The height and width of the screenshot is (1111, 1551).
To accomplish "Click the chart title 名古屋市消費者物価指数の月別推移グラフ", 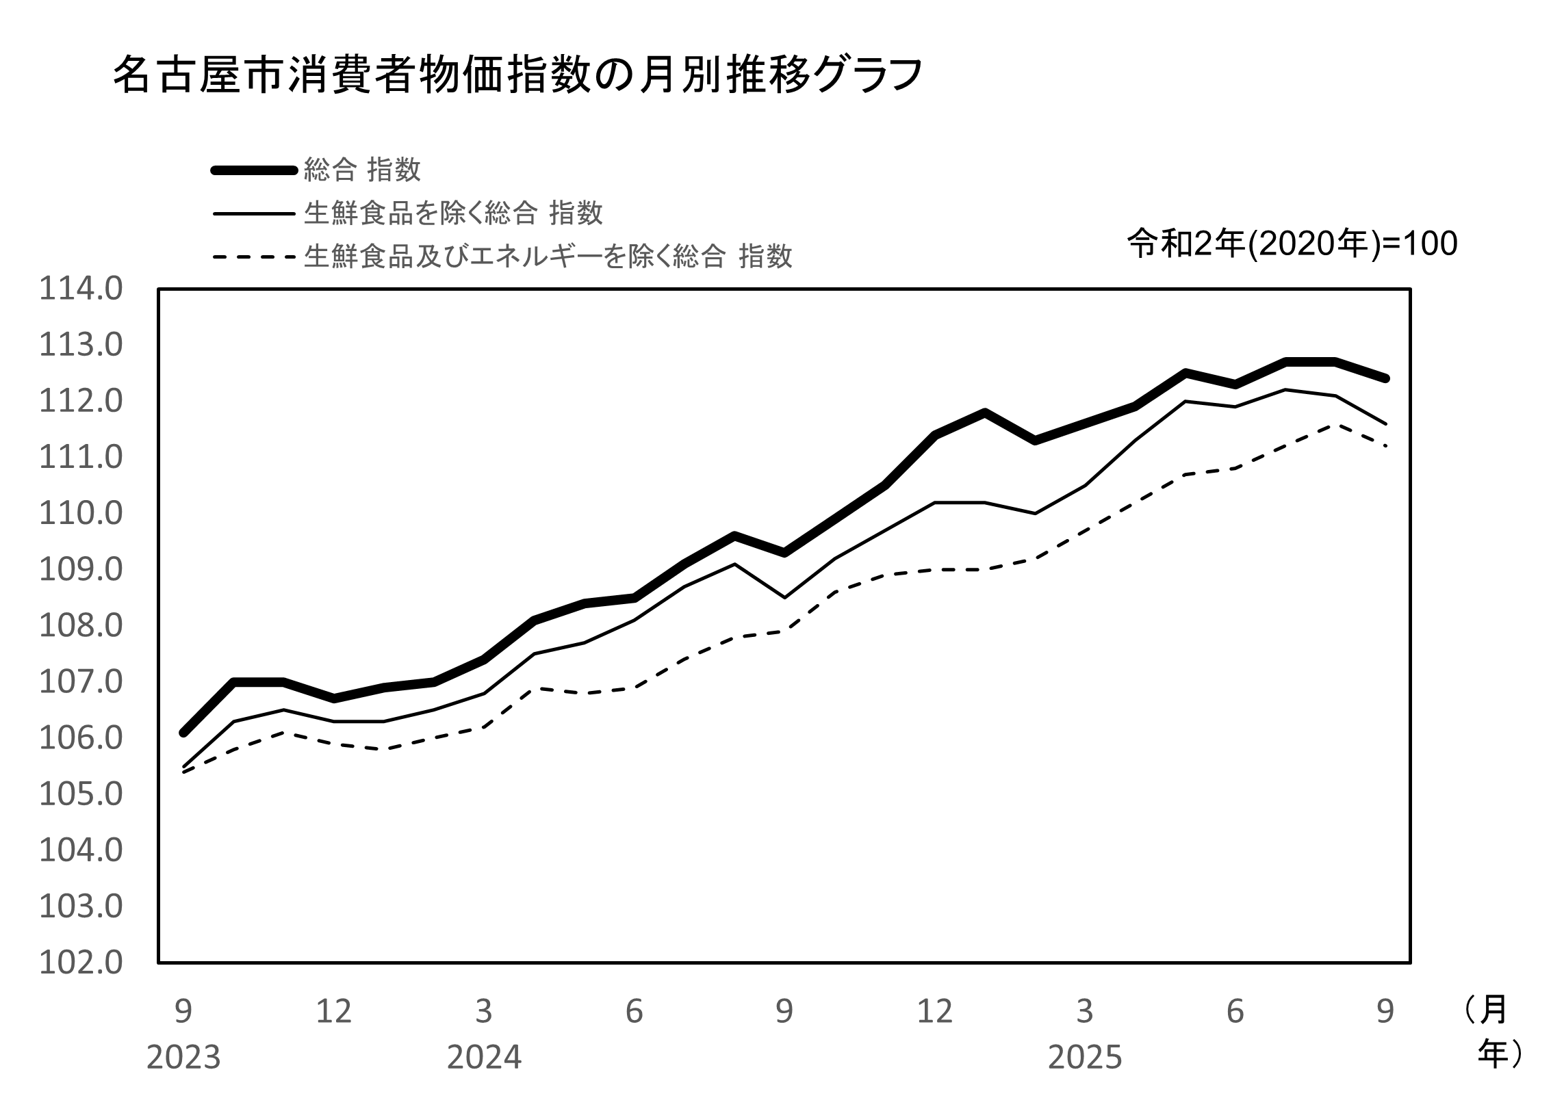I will pyautogui.click(x=517, y=75).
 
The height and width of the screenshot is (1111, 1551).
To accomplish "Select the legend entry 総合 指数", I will pyautogui.click(x=362, y=170).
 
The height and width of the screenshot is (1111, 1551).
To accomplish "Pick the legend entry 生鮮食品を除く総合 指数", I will pyautogui.click(x=453, y=213).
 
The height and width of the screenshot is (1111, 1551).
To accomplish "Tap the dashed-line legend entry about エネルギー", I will pyautogui.click(x=548, y=257).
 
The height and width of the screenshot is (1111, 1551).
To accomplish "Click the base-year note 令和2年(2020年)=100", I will pyautogui.click(x=1292, y=244).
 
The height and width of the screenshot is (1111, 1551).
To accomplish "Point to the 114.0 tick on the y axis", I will pyautogui.click(x=81, y=289).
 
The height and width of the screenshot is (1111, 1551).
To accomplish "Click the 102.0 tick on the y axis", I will pyautogui.click(x=81, y=963).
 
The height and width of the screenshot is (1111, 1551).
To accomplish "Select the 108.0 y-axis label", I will pyautogui.click(x=81, y=626).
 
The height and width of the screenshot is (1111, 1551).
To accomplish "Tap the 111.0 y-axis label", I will pyautogui.click(x=81, y=458).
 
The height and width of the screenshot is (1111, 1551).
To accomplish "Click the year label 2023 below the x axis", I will pyautogui.click(x=183, y=1058).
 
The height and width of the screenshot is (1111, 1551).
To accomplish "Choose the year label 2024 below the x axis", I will pyautogui.click(x=484, y=1058).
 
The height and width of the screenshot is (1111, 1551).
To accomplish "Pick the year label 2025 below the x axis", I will pyautogui.click(x=1085, y=1058).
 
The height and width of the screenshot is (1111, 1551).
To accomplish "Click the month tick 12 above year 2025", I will pyautogui.click(x=934, y=1011).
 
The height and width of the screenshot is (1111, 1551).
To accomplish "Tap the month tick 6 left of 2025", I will pyautogui.click(x=634, y=1011).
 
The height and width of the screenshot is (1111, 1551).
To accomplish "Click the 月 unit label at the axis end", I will pyautogui.click(x=1492, y=1011).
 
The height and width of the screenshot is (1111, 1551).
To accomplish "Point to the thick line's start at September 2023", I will pyautogui.click(x=183, y=733).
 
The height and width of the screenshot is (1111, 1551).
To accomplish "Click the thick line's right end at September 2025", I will pyautogui.click(x=1385, y=378).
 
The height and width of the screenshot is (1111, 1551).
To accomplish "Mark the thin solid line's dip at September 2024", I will pyautogui.click(x=784, y=597).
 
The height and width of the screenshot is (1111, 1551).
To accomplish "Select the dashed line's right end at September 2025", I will pyautogui.click(x=1385, y=446).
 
